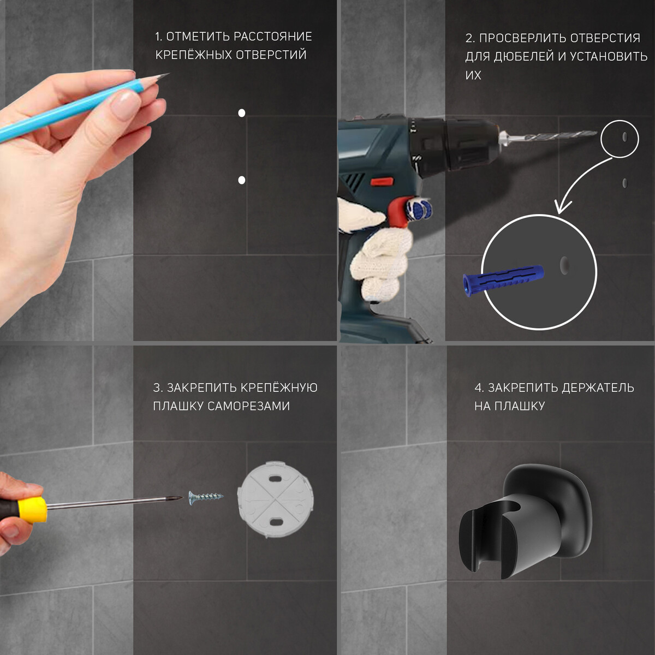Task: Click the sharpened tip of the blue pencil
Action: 168,74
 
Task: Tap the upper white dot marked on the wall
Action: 242,113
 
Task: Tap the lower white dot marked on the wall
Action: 242,180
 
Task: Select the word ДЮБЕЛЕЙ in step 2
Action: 525,57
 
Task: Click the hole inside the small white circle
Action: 625,136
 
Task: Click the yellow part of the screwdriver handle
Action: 33,509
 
